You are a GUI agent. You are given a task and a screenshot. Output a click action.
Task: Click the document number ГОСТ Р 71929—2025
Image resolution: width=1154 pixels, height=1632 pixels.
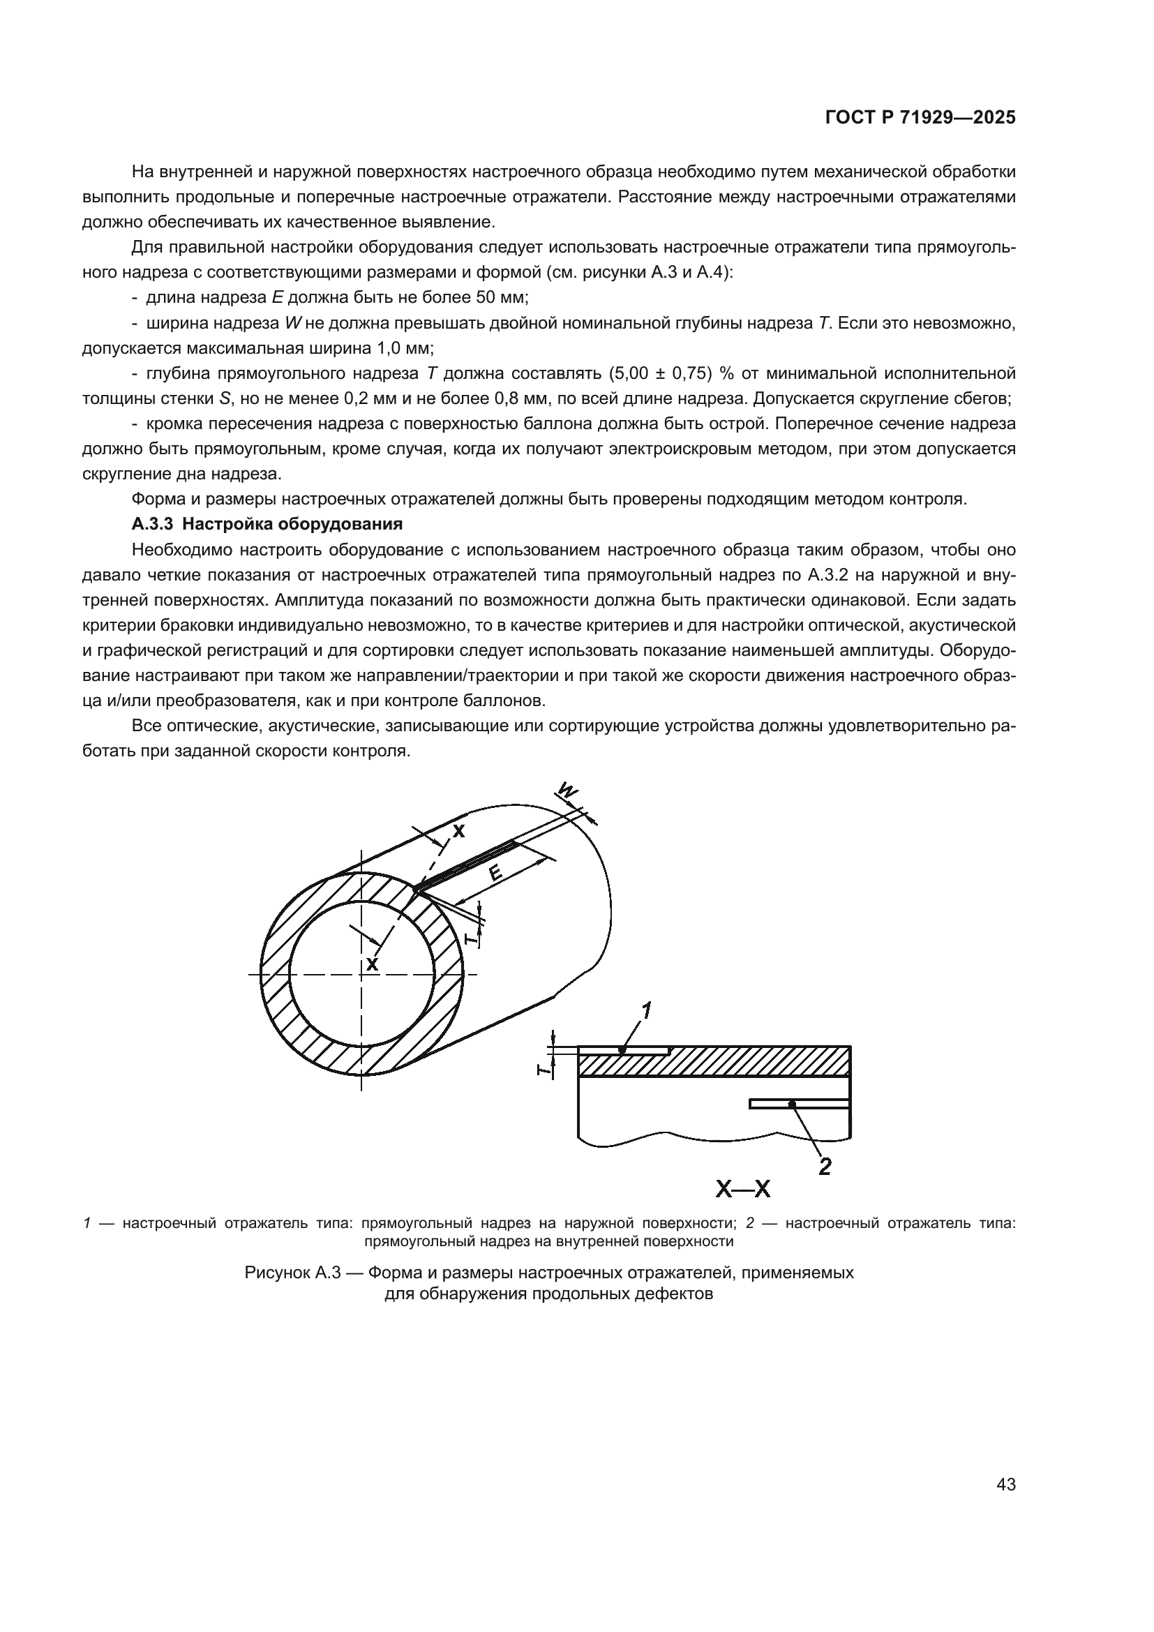(920, 118)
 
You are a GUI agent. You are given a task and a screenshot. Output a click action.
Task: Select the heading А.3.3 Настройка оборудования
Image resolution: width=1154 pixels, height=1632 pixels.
(267, 525)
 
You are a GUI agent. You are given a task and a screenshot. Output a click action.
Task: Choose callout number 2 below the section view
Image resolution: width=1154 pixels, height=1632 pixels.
(824, 1167)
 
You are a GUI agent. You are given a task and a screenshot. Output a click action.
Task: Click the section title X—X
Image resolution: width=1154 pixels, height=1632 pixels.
(743, 1189)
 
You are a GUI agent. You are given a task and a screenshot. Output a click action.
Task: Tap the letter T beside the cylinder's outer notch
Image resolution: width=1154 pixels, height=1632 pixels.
(470, 939)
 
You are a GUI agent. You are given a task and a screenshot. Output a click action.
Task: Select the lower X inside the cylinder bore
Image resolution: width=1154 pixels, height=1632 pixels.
(372, 964)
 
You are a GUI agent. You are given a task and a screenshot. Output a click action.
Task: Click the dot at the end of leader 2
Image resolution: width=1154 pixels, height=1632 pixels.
(791, 1103)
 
